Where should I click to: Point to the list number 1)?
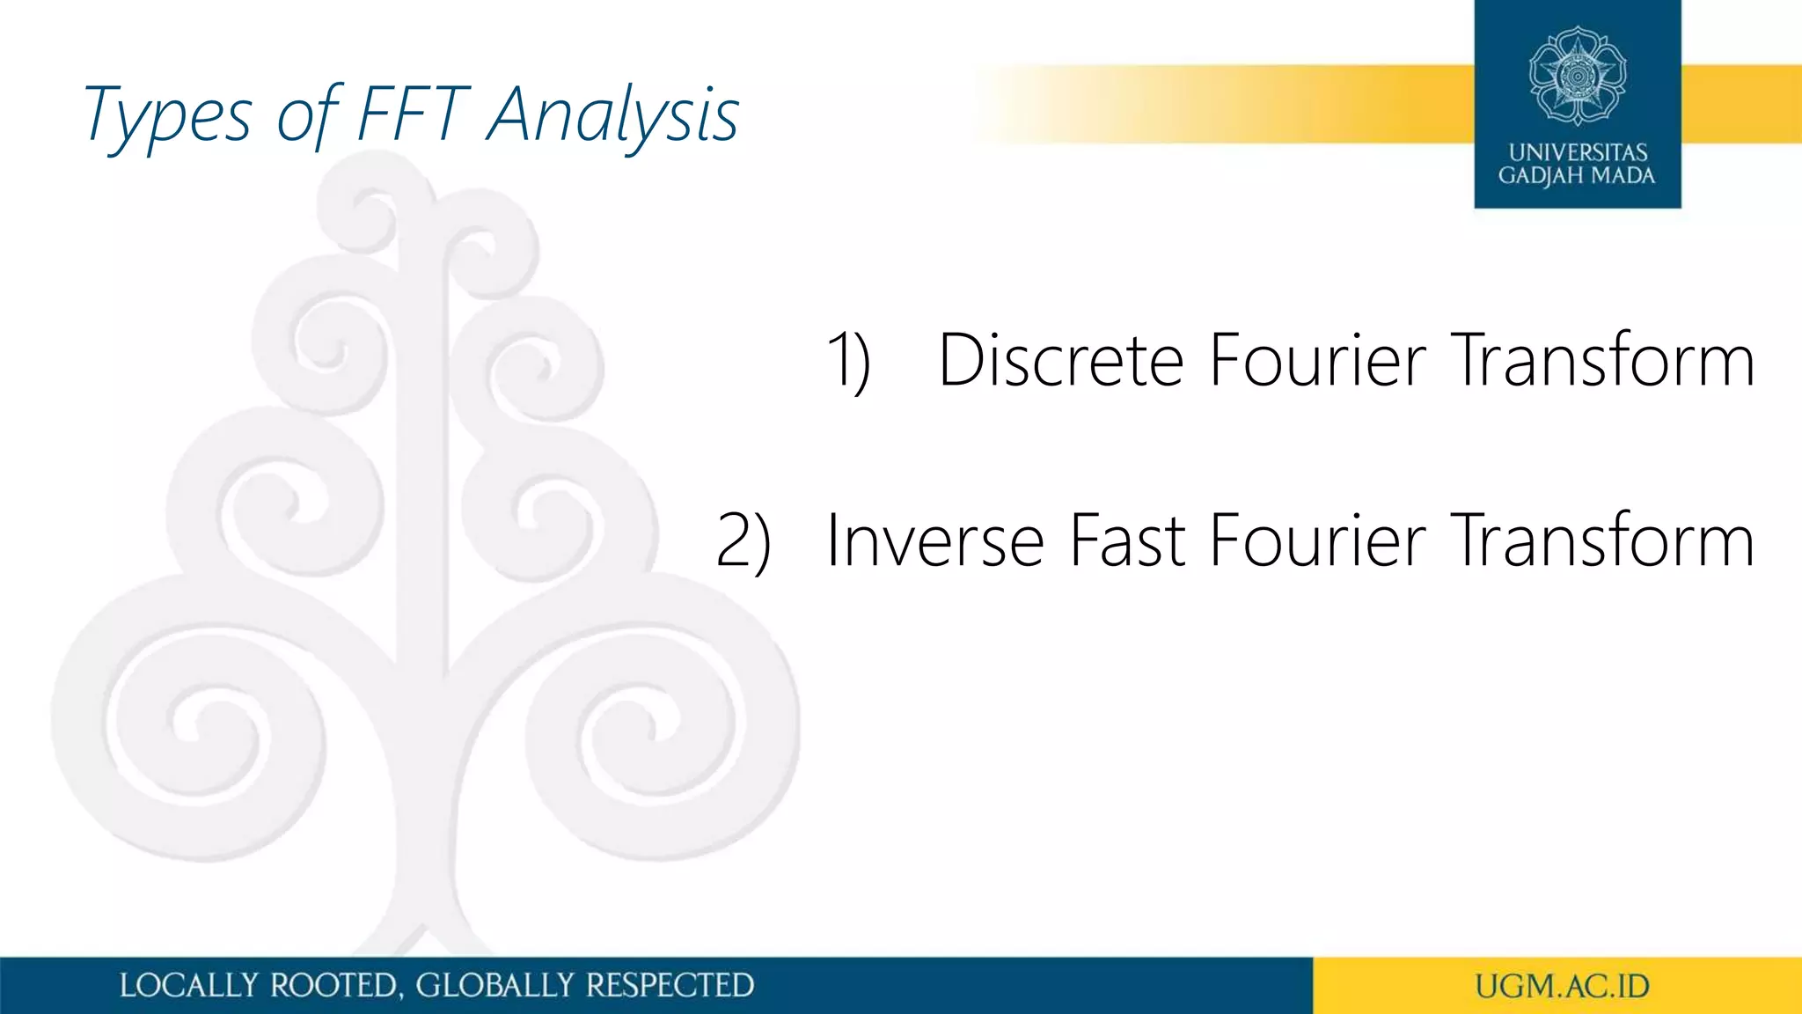click(x=849, y=361)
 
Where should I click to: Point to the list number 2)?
click(x=744, y=540)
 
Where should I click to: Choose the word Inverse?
click(x=934, y=540)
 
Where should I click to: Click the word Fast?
click(x=1127, y=540)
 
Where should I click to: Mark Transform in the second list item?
click(x=1602, y=540)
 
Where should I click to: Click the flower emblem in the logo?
click(x=1578, y=76)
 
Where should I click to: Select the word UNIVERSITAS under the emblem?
click(x=1578, y=152)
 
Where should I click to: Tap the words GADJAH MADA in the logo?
click(x=1577, y=175)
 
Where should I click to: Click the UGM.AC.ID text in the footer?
click(x=1562, y=986)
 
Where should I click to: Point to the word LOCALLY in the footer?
click(x=189, y=985)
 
